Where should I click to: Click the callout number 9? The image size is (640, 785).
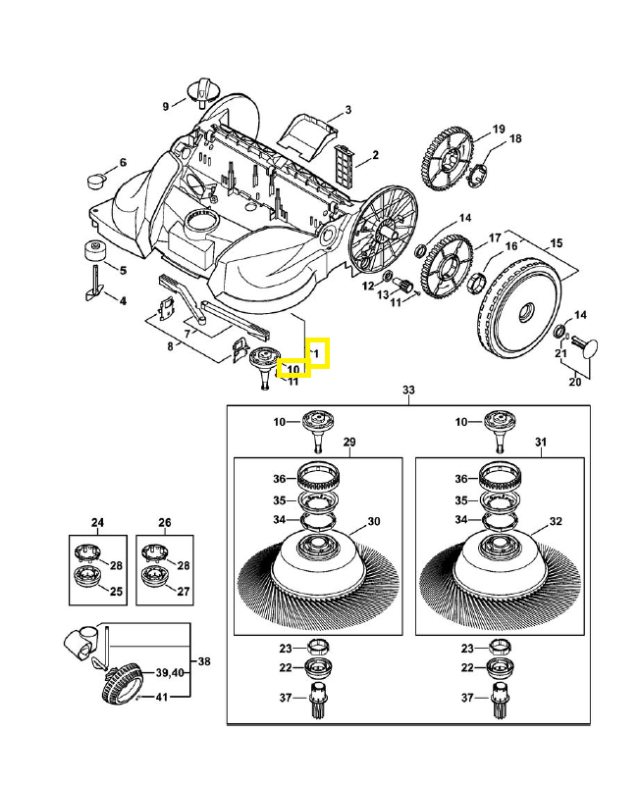click(x=167, y=106)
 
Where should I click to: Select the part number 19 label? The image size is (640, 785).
click(x=499, y=130)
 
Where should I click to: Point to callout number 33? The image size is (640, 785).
click(x=409, y=391)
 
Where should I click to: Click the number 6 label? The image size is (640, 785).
click(x=124, y=163)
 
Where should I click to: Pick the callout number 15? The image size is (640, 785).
click(x=557, y=242)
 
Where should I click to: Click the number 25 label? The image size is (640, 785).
click(x=115, y=592)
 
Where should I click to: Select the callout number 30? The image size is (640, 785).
click(x=373, y=521)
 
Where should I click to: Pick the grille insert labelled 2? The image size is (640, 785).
click(x=344, y=160)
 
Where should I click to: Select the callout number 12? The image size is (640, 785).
click(x=368, y=287)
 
